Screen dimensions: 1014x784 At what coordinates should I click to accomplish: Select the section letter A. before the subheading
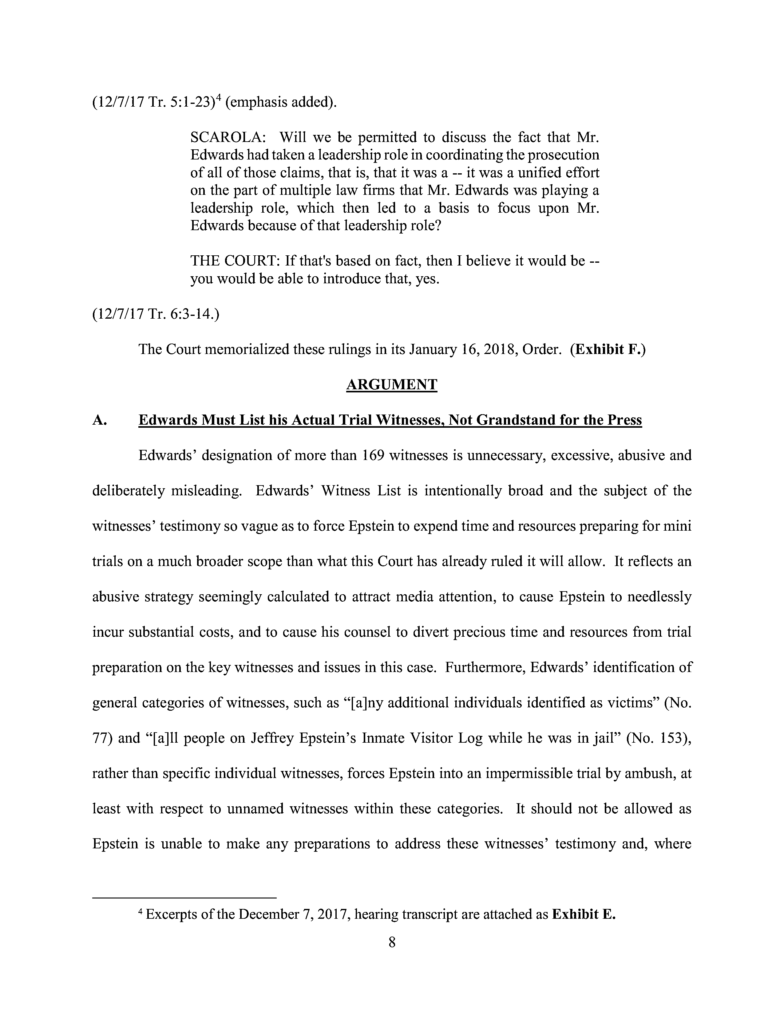pyautogui.click(x=100, y=420)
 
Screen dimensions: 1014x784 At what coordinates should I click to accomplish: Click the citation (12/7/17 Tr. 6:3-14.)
pyautogui.click(x=156, y=314)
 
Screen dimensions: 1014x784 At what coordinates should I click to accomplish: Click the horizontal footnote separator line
pyautogui.click(x=184, y=898)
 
